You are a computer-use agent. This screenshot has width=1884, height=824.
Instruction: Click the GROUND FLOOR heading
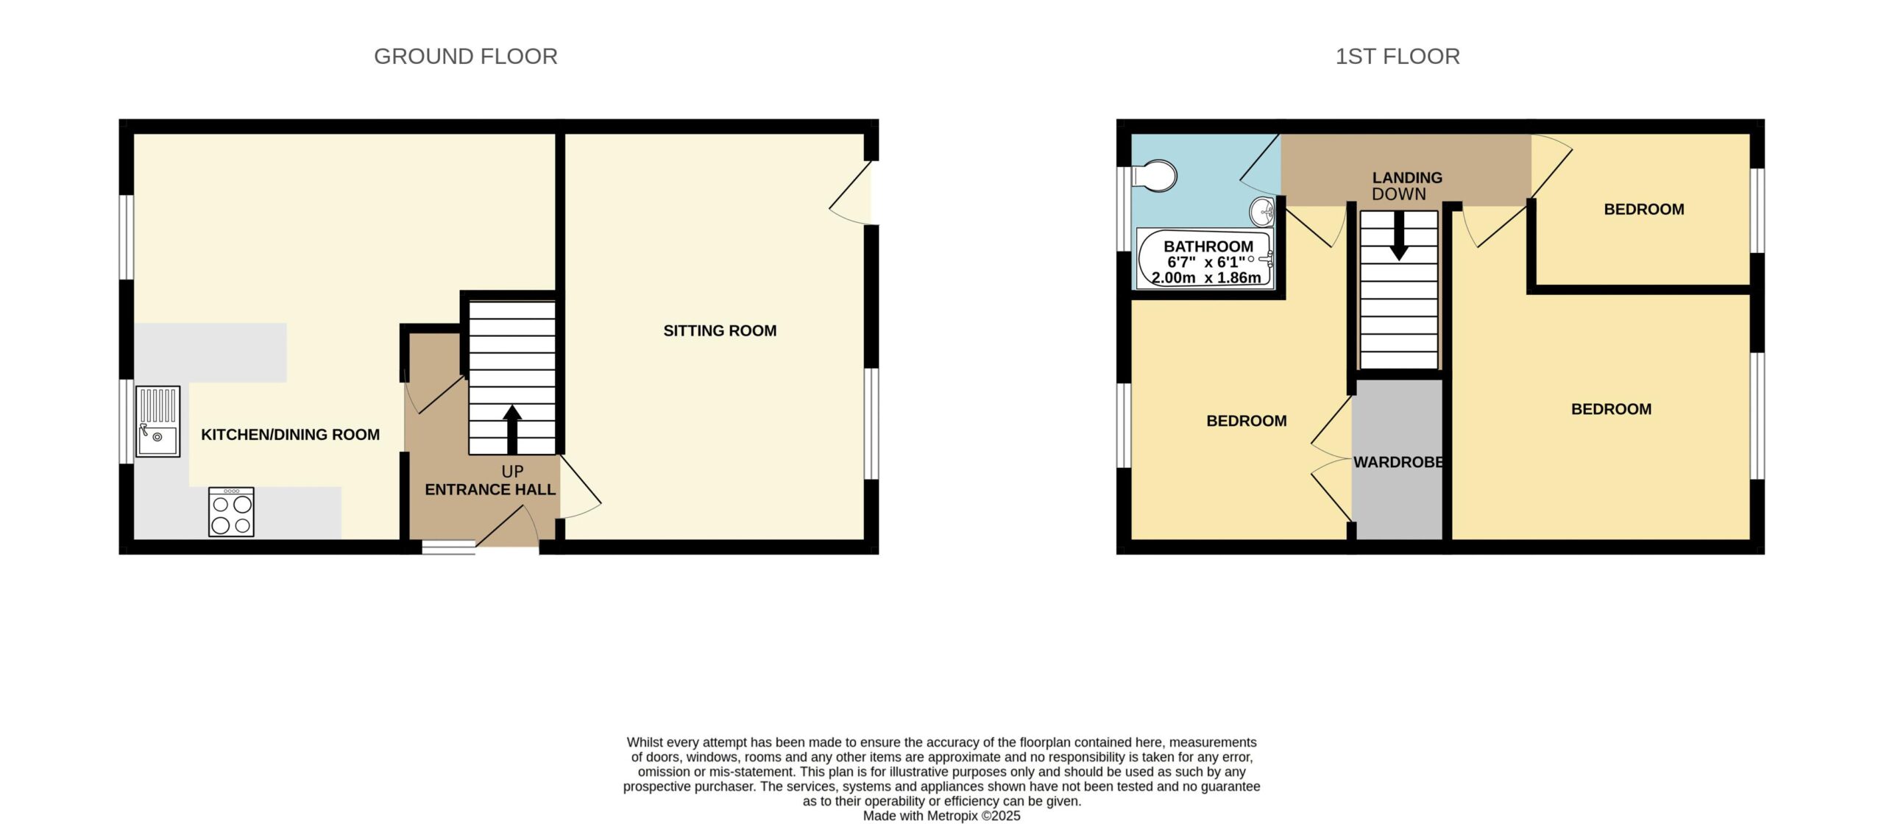[465, 57]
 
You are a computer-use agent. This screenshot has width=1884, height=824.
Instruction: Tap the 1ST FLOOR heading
[1398, 57]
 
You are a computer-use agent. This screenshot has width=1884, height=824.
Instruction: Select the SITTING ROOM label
[720, 331]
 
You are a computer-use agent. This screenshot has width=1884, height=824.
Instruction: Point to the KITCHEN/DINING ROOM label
[291, 435]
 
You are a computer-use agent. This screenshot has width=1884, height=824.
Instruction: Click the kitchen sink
[158, 422]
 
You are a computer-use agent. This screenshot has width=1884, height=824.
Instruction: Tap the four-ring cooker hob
[231, 511]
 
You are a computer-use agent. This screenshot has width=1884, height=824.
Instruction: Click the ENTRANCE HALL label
[490, 490]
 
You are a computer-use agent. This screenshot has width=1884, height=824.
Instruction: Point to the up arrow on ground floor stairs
[512, 430]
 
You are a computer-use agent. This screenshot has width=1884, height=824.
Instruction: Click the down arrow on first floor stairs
[1399, 235]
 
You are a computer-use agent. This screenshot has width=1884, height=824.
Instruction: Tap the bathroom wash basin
[1263, 212]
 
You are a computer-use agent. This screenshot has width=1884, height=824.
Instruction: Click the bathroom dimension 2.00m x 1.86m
[1206, 278]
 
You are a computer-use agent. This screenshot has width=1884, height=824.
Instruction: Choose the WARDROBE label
[1398, 463]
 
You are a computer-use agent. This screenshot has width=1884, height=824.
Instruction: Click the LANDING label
[1407, 178]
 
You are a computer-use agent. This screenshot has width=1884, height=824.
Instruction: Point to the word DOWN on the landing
[1399, 194]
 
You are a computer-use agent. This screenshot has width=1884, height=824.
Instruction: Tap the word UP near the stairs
[512, 472]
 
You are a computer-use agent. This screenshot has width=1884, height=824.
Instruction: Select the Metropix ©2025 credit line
[941, 816]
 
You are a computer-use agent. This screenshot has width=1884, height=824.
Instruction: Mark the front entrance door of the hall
[508, 527]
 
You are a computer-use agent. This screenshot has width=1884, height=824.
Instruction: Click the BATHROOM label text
[1208, 247]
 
